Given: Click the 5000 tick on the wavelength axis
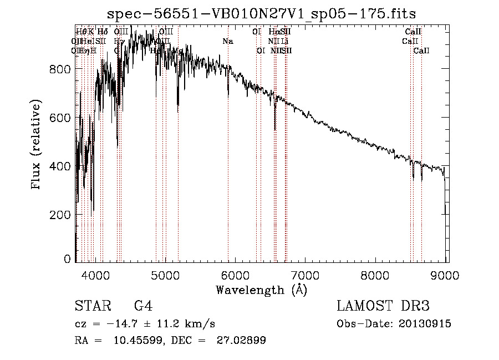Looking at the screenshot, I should (165, 275).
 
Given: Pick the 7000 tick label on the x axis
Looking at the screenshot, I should (305, 275).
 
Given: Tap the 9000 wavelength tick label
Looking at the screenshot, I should (446, 275).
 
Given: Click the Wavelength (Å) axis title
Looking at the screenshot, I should (261, 289).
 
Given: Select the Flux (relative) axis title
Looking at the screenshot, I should (37, 145).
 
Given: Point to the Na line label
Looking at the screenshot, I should (228, 41).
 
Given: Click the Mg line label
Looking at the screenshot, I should (178, 50).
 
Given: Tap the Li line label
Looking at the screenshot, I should (284, 41).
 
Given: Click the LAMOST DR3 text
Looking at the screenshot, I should (383, 306).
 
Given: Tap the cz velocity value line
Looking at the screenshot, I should (145, 324).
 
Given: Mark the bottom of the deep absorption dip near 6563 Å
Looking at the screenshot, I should (275, 130).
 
